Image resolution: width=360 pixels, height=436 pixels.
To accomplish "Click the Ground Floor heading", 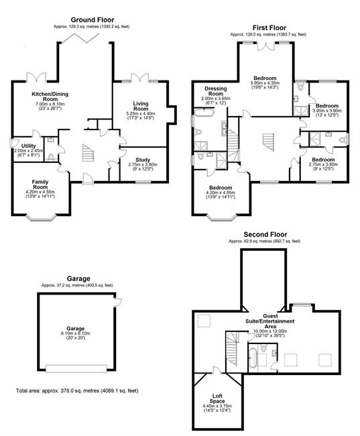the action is click(x=93, y=19).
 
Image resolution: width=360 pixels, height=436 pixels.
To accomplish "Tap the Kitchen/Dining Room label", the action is click(x=50, y=97).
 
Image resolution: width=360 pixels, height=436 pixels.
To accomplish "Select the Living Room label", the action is click(x=141, y=106).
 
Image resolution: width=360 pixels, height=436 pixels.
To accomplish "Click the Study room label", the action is click(x=143, y=160).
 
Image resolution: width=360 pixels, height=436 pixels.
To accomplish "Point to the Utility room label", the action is click(x=29, y=146).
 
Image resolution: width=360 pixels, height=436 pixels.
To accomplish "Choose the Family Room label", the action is click(x=40, y=184).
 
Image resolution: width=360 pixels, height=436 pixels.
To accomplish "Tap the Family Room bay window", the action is click(x=41, y=217).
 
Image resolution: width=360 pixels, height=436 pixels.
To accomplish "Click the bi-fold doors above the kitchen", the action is click(x=80, y=38).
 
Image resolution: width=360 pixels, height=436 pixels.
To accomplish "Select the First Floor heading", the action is click(x=269, y=28).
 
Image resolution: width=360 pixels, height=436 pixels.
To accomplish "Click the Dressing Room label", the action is click(x=216, y=91).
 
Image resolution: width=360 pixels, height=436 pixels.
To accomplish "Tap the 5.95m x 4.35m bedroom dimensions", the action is click(x=265, y=83).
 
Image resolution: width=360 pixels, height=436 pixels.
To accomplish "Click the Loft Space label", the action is click(x=217, y=398).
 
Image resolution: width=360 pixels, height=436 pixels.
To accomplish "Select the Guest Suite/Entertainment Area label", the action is click(x=270, y=321).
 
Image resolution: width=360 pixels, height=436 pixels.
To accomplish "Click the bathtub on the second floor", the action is click(x=253, y=358).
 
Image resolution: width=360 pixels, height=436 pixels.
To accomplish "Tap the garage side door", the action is click(x=118, y=302).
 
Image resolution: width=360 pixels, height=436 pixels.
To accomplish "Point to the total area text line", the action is click(x=77, y=390).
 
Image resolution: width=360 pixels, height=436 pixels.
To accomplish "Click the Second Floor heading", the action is click(x=265, y=234).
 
